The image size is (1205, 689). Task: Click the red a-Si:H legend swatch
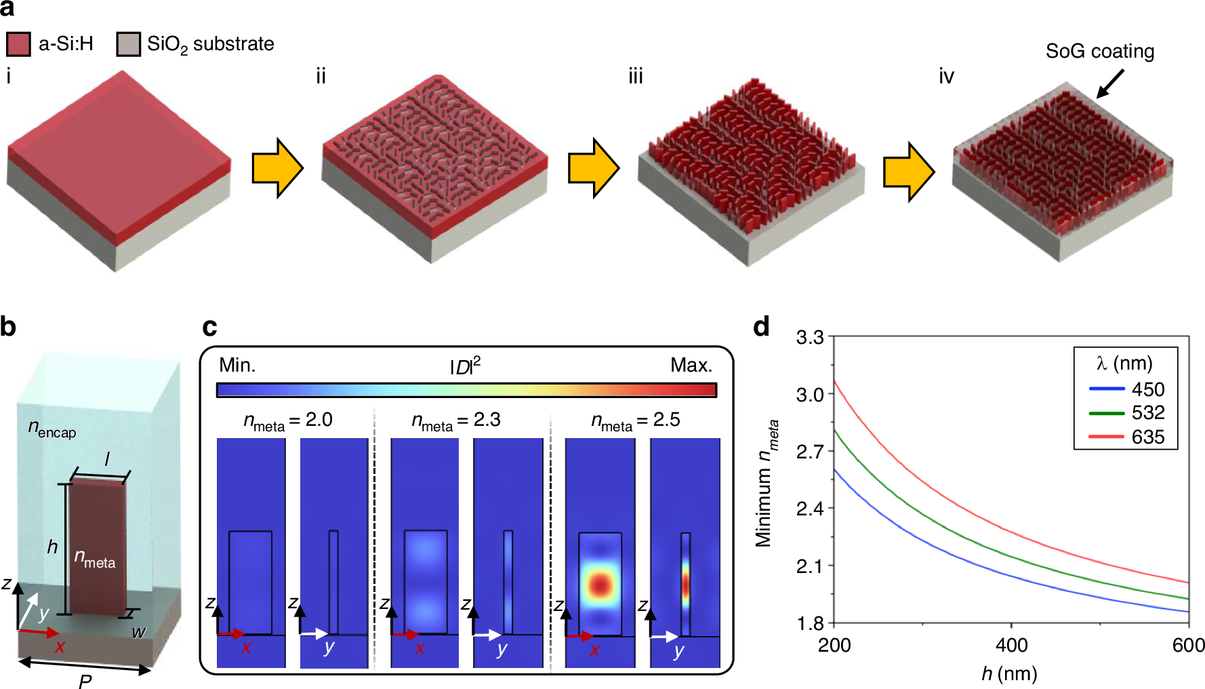(18, 44)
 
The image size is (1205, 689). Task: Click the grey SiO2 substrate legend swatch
(128, 44)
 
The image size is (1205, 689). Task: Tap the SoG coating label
(1099, 52)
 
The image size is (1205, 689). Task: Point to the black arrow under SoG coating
(1109, 84)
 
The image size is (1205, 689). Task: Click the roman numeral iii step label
(635, 77)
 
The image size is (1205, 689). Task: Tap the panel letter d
(762, 328)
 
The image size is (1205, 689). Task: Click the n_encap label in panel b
(52, 429)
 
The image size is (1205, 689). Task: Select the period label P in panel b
(85, 681)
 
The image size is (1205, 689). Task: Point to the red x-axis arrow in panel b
(39, 633)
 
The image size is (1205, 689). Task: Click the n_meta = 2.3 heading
(456, 421)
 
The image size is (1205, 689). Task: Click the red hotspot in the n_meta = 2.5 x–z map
(600, 585)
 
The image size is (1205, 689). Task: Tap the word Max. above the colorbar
(691, 366)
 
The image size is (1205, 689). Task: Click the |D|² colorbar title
(466, 366)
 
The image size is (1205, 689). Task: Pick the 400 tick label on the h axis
(1011, 645)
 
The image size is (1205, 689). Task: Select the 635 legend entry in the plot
(1147, 437)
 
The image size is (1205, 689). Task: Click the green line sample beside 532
(1106, 413)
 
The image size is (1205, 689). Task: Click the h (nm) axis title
(1009, 673)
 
